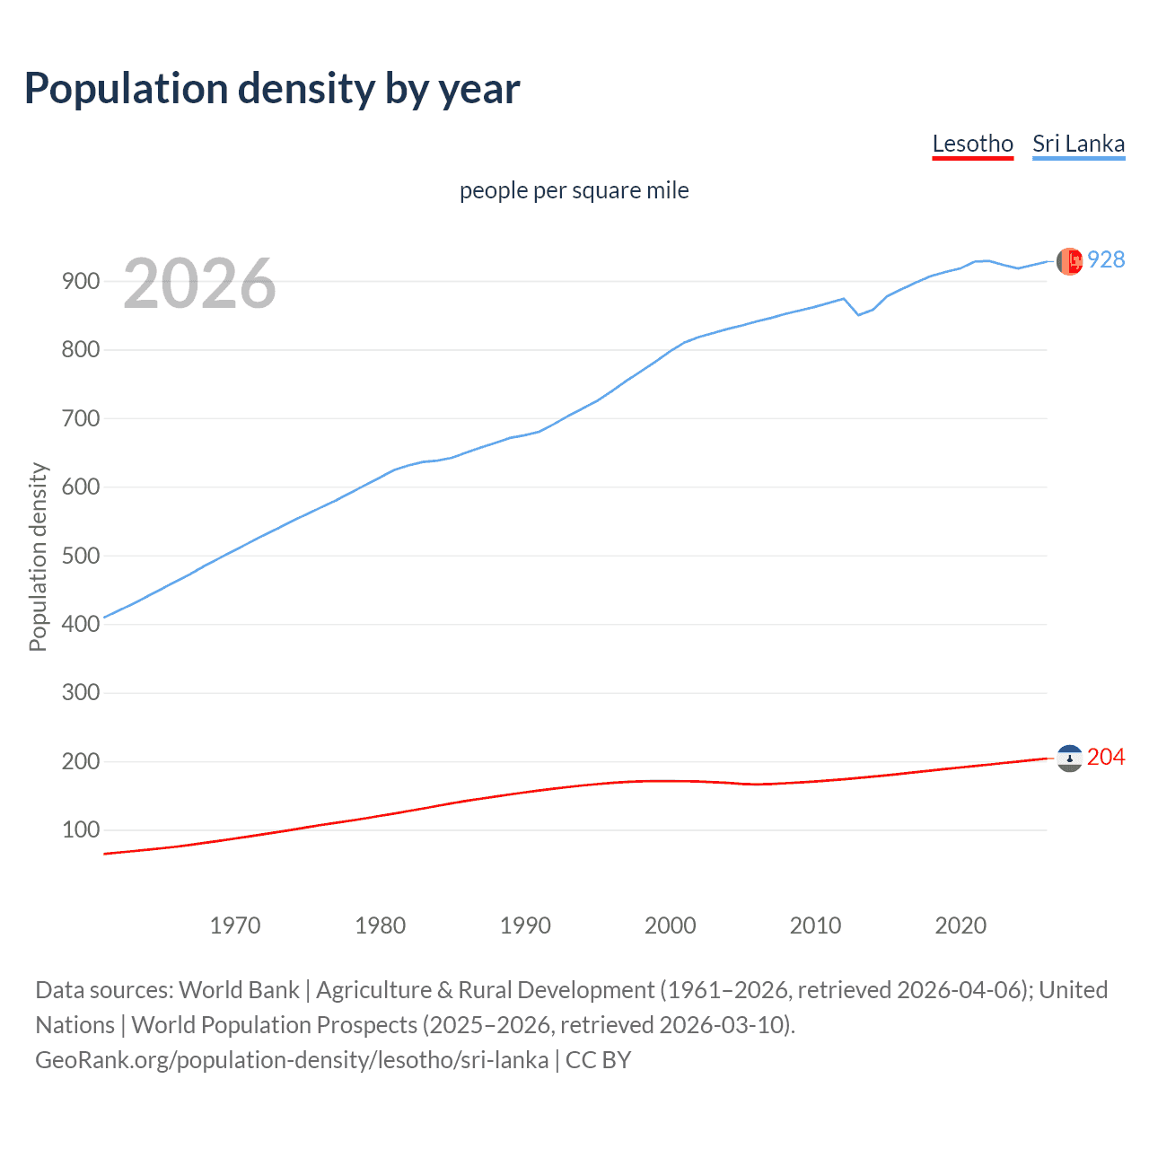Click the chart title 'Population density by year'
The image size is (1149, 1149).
pyautogui.click(x=272, y=89)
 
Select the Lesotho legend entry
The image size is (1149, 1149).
pyautogui.click(x=972, y=144)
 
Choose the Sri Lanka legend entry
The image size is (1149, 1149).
pyautogui.click(x=1078, y=144)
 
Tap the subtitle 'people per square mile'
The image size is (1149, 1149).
pyautogui.click(x=574, y=190)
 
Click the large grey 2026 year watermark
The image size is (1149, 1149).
pyautogui.click(x=199, y=284)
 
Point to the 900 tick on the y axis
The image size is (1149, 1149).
pyautogui.click(x=80, y=281)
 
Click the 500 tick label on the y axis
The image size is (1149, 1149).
pyautogui.click(x=80, y=556)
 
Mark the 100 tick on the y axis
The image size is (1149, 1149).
pyautogui.click(x=80, y=830)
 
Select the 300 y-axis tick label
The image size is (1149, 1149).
pyautogui.click(x=80, y=693)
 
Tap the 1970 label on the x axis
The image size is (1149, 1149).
pyautogui.click(x=235, y=925)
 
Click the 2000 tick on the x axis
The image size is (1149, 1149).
pyautogui.click(x=671, y=925)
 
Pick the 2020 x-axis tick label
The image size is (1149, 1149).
pyautogui.click(x=960, y=925)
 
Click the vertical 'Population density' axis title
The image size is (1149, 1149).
pyautogui.click(x=38, y=557)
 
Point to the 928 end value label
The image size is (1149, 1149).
pyautogui.click(x=1106, y=259)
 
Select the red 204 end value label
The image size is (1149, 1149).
pyautogui.click(x=1106, y=758)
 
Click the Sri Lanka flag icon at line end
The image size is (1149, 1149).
pyautogui.click(x=1069, y=261)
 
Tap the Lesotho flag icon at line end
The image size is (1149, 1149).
pyautogui.click(x=1069, y=759)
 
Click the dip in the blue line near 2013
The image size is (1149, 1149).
pyautogui.click(x=858, y=314)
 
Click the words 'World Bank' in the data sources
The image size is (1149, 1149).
pyautogui.click(x=239, y=990)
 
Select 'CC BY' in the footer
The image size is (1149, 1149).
pyautogui.click(x=598, y=1060)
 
